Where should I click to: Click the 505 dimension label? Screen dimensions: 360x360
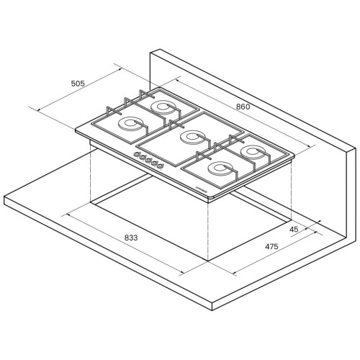(x=78, y=84)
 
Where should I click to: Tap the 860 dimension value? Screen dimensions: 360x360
(x=243, y=107)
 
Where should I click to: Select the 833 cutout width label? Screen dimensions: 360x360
(x=131, y=238)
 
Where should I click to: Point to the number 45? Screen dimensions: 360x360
(x=294, y=230)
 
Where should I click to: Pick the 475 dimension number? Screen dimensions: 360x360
(x=271, y=246)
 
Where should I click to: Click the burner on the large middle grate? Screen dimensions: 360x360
(x=192, y=138)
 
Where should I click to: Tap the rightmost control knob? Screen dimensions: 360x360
(x=160, y=165)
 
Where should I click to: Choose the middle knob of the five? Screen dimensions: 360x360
(x=148, y=159)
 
